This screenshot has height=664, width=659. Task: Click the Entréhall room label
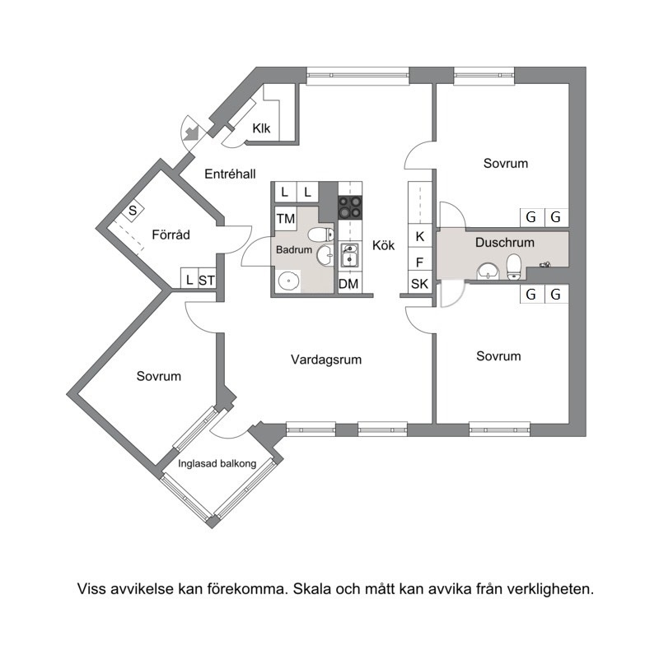click(x=230, y=174)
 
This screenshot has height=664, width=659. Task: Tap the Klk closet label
click(x=261, y=128)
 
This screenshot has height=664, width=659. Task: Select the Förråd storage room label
click(x=171, y=234)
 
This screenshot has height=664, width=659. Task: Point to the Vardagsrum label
click(x=326, y=360)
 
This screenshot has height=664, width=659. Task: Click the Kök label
click(x=383, y=245)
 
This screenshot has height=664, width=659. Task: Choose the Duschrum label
click(x=505, y=243)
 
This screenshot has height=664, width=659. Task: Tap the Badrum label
click(x=294, y=250)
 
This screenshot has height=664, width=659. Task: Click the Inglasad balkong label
click(x=217, y=464)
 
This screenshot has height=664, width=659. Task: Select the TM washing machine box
click(x=286, y=219)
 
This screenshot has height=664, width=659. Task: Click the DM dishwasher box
click(x=348, y=284)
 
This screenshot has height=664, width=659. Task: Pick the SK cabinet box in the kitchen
click(x=420, y=283)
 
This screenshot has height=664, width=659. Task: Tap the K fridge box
click(x=420, y=236)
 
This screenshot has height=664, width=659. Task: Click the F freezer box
click(x=420, y=262)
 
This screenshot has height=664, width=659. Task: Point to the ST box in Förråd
click(x=207, y=280)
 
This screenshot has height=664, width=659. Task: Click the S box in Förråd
click(x=133, y=210)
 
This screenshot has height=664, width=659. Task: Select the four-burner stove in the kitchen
click(x=350, y=207)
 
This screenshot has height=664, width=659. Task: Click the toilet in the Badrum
click(x=320, y=234)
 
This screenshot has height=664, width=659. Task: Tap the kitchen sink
click(x=350, y=254)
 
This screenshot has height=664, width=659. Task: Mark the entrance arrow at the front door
click(x=191, y=132)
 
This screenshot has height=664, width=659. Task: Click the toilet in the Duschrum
click(x=513, y=267)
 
